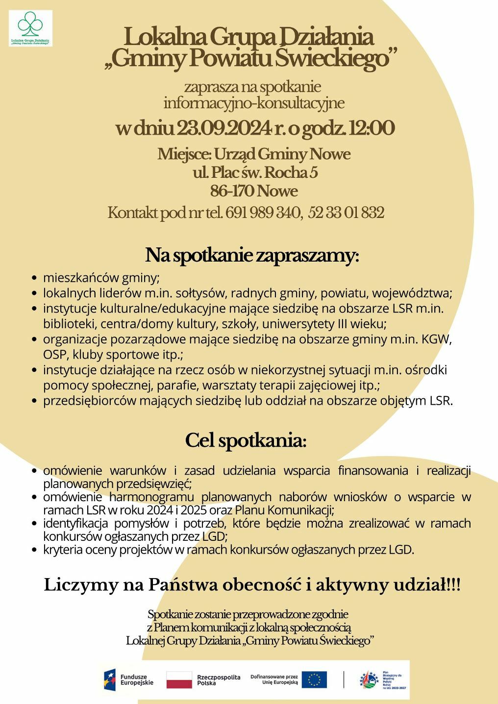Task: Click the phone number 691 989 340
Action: [263, 213]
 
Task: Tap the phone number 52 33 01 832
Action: [347, 213]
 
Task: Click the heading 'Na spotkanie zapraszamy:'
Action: [252, 256]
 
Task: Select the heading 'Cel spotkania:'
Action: [246, 441]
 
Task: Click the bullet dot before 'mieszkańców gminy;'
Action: [34, 278]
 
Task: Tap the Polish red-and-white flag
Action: [179, 680]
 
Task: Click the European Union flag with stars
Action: [314, 680]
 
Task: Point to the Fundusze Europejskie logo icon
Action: [110, 680]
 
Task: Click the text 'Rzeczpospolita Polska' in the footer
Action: [219, 680]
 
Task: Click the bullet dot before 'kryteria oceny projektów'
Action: [34, 550]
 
